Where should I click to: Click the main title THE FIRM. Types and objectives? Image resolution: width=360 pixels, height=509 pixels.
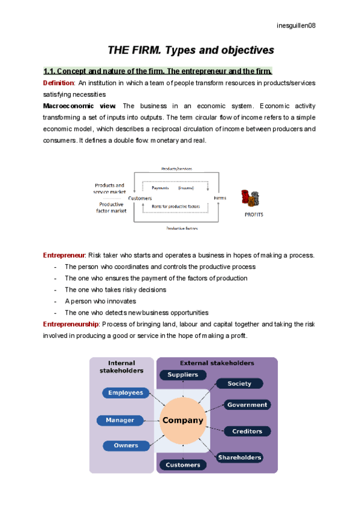click(190, 49)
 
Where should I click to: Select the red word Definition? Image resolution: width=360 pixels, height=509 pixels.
click(58, 83)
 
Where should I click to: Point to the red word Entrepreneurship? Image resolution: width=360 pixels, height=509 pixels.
click(71, 324)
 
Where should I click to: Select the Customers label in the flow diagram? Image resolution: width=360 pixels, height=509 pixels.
click(139, 198)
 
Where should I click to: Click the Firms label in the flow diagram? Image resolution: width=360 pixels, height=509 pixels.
click(220, 198)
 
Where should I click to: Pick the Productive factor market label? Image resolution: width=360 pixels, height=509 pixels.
click(111, 207)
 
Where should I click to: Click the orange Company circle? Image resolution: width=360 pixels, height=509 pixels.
click(183, 420)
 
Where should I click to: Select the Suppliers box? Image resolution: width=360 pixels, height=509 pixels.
click(183, 375)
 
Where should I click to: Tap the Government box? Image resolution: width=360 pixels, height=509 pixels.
click(247, 405)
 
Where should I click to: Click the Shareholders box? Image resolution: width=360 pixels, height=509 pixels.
click(240, 457)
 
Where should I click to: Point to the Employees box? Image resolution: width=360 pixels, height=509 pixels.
click(126, 393)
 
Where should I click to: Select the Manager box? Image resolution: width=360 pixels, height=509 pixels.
click(120, 420)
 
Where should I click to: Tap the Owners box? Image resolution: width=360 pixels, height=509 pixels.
click(126, 445)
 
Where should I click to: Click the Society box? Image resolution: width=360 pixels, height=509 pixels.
click(240, 383)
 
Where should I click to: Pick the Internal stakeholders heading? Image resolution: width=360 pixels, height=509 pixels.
click(122, 367)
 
